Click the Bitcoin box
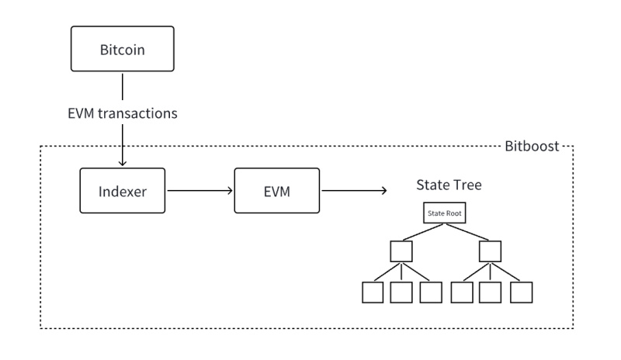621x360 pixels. [x=123, y=49]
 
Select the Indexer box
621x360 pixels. [x=123, y=191]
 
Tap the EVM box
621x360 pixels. [x=277, y=191]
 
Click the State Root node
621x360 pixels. [x=444, y=213]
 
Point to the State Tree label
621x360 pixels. [x=449, y=185]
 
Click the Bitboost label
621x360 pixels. [x=532, y=146]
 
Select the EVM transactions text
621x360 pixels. [x=123, y=113]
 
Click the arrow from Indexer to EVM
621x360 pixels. [x=200, y=191]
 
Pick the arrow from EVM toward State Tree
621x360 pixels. [x=354, y=191]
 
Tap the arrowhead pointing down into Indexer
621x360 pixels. [x=123, y=162]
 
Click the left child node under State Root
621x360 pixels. [x=401, y=251]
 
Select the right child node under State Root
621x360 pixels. [x=490, y=251]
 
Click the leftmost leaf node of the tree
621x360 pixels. [x=373, y=292]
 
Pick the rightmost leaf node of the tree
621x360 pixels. [x=521, y=292]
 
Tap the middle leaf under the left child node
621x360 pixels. [x=401, y=292]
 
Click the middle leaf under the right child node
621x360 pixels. [x=490, y=292]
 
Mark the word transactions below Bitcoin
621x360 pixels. [x=138, y=113]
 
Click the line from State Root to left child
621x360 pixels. [x=423, y=232]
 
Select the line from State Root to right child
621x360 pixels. [x=467, y=232]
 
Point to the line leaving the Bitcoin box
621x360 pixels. [x=123, y=86]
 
